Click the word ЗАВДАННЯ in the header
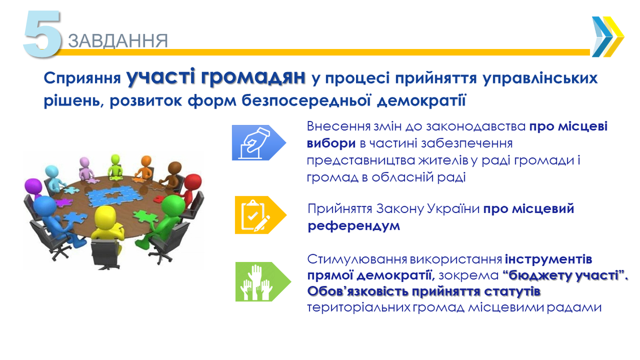(118, 40)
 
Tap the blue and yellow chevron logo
(608, 37)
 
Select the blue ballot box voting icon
(259, 142)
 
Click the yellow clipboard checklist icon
(260, 215)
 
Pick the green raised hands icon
(263, 282)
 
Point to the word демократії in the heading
(422, 101)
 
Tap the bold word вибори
(331, 143)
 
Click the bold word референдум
(354, 226)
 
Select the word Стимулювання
(357, 259)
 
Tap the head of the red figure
(193, 182)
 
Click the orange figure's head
(146, 160)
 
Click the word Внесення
(338, 126)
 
